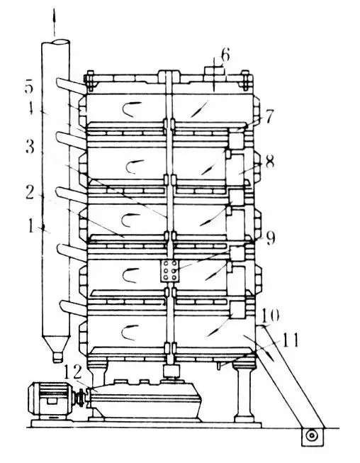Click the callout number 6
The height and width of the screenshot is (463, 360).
pos(225,55)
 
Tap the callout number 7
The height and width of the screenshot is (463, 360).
pos(269,116)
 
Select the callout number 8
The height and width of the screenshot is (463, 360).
pos(269,161)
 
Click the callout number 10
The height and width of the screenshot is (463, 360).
pos(270,316)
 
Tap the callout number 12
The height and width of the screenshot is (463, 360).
pos(72,373)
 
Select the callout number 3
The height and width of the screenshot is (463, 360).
pos(30,147)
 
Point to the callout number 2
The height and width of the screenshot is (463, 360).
pos(30,193)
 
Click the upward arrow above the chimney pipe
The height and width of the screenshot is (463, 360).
pos(55,22)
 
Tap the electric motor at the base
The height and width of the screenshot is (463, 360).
pos(50,398)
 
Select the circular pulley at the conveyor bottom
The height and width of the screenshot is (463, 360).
pos(310,435)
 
